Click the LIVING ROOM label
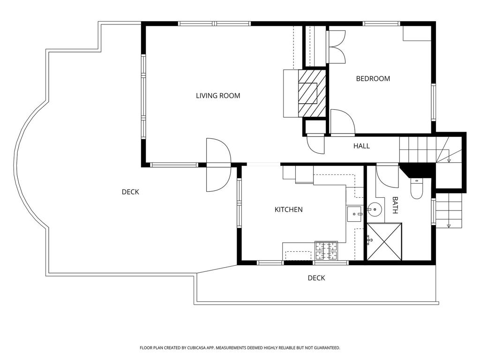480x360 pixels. [218, 96]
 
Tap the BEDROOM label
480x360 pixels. [373, 79]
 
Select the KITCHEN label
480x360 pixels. [288, 210]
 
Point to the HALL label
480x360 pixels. [361, 146]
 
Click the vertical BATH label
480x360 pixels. [395, 205]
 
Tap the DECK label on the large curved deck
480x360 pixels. [130, 192]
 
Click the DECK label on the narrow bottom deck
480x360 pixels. [316, 278]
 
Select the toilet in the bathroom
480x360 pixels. [416, 188]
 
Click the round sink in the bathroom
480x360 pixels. [374, 210]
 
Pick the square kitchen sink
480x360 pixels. [354, 214]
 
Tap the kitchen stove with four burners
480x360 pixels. [326, 250]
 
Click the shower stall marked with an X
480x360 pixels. [384, 242]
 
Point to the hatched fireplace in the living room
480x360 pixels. [312, 93]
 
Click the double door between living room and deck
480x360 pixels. [218, 165]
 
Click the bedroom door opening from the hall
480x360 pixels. [343, 122]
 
